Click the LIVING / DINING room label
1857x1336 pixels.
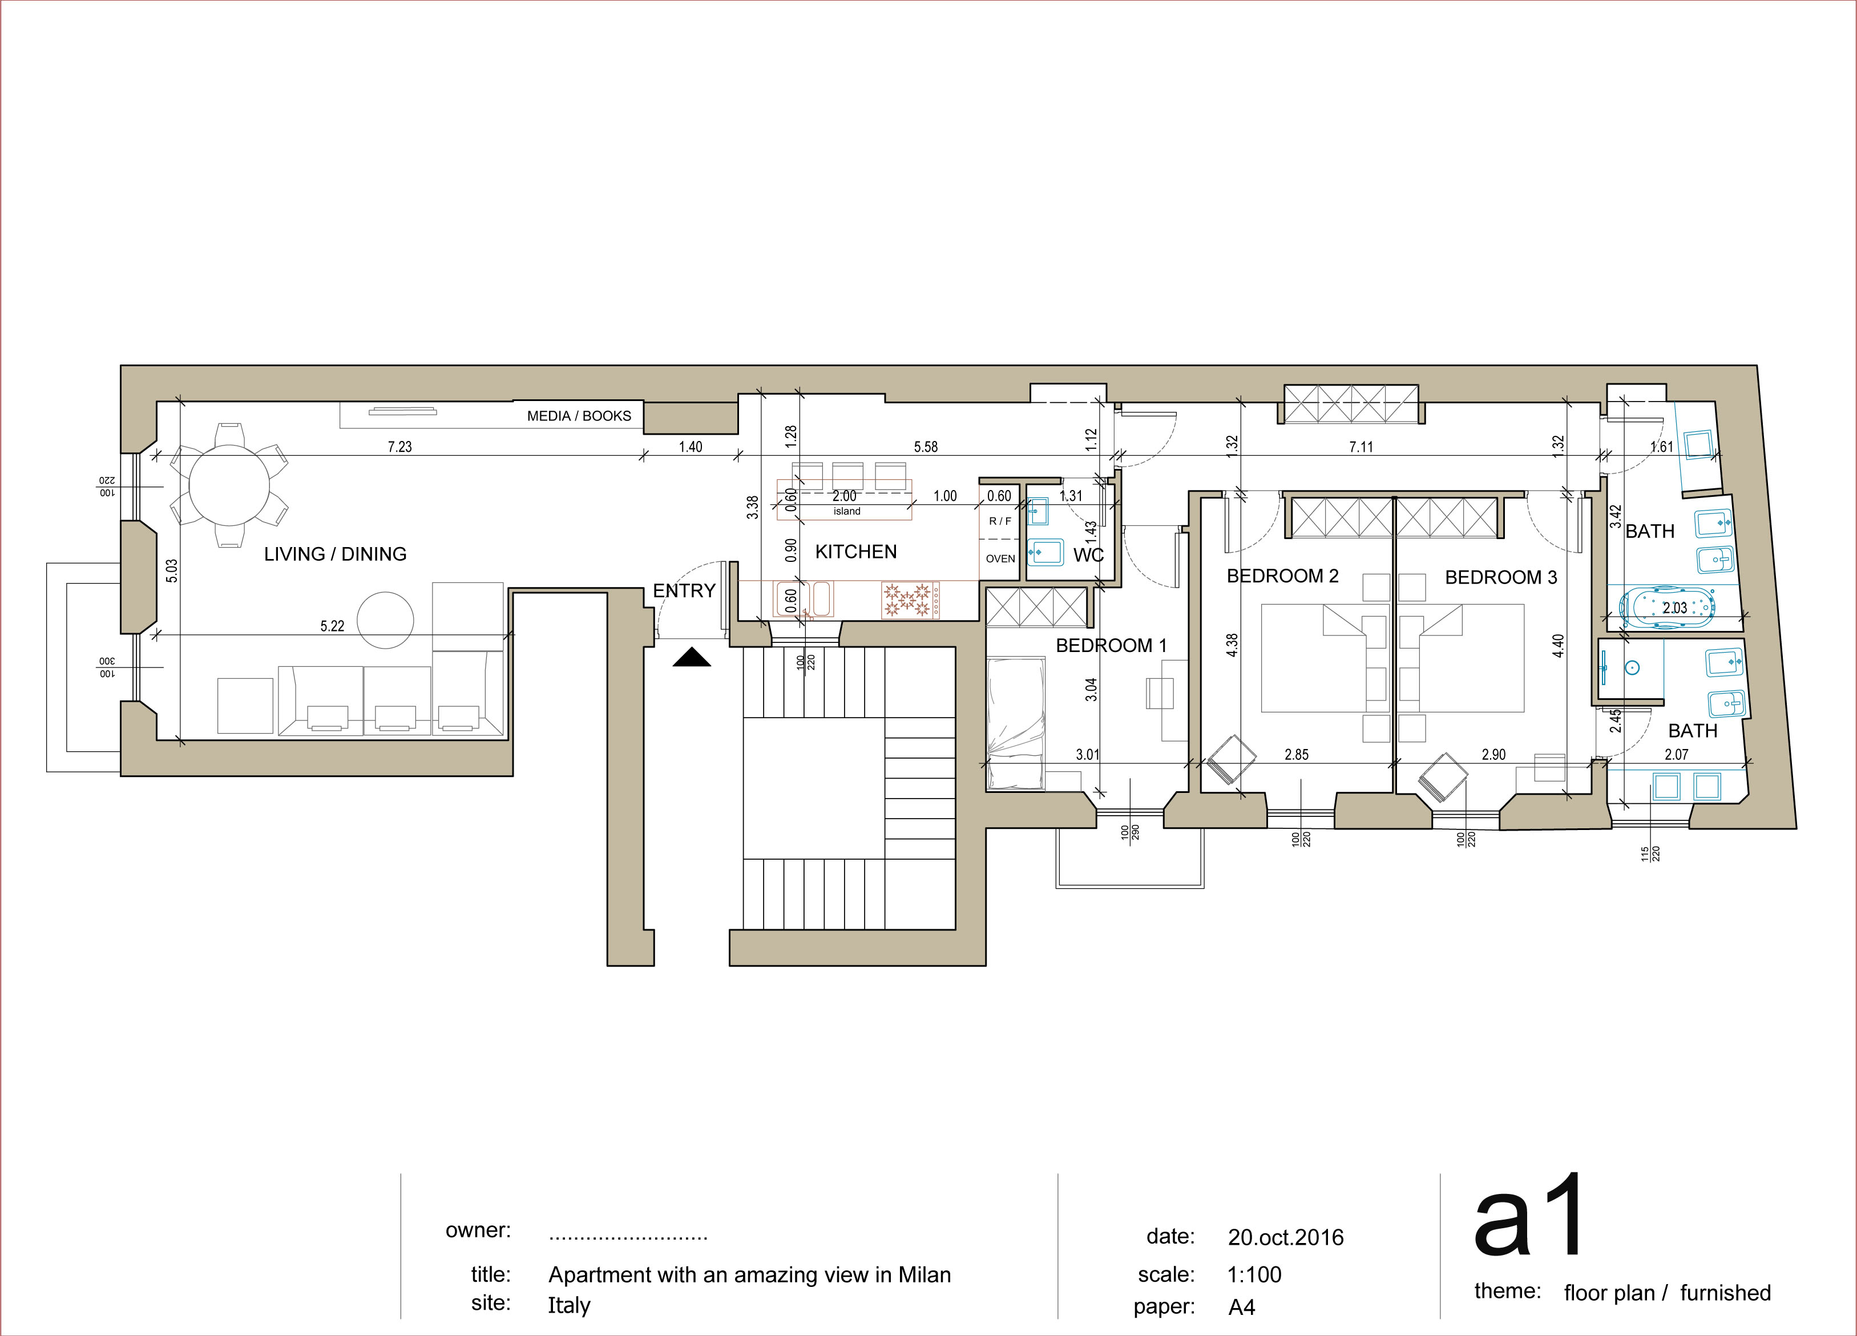335,554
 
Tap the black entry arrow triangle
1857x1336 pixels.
692,657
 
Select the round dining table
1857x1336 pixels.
229,485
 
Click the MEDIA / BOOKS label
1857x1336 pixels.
579,416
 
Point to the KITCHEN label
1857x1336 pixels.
855,552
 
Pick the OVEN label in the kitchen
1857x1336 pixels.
1000,559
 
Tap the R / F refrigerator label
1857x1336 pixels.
1000,521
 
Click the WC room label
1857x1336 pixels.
1088,555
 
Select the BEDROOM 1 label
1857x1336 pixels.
1111,646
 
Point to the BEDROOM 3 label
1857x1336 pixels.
1501,578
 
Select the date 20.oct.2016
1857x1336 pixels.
1286,1237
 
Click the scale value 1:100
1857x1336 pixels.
1254,1274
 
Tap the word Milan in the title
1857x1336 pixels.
925,1274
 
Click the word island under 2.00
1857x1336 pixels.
847,511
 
